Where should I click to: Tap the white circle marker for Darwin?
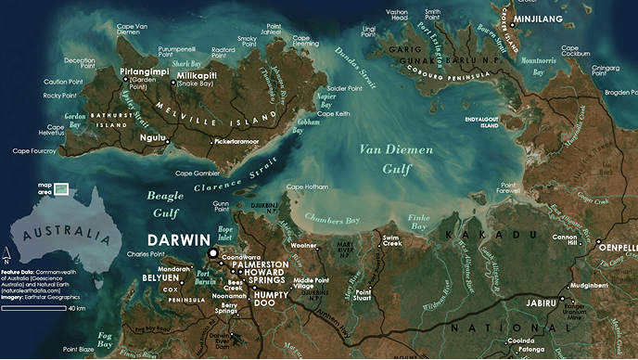coord(213,252)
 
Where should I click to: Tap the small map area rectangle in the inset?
coord(61,188)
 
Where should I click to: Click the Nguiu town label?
coord(153,139)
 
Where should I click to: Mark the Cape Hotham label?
coord(307,187)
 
